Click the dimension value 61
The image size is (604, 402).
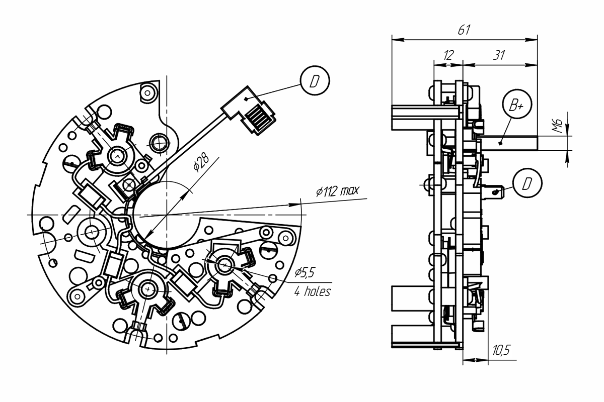click(464, 30)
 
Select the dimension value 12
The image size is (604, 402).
click(448, 55)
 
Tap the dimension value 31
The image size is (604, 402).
click(499, 55)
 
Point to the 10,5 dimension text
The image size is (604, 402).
click(501, 350)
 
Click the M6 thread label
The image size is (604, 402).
click(557, 126)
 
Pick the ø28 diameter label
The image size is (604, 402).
click(201, 163)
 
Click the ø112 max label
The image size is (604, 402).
click(338, 190)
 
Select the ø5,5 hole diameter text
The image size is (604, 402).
click(305, 273)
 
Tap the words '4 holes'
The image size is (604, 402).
click(313, 291)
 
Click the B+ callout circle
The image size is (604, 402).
click(517, 104)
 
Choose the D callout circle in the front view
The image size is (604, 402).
click(315, 80)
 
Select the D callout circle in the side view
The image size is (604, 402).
click(527, 183)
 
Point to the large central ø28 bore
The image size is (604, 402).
click(167, 215)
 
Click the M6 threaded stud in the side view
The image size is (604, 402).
click(508, 143)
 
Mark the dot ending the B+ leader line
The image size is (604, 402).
click(500, 143)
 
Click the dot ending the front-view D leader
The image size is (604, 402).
click(246, 99)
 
